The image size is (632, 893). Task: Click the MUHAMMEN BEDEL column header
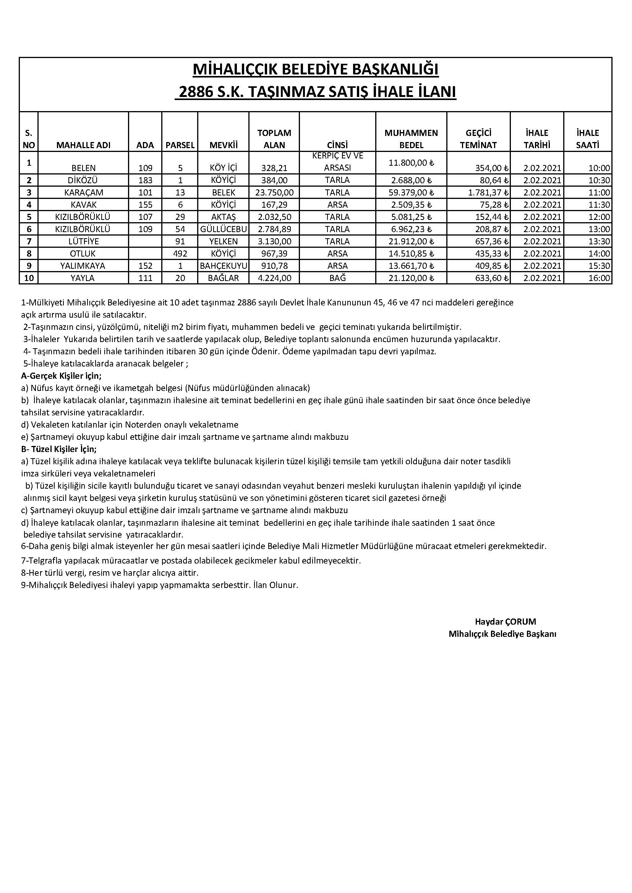(411, 139)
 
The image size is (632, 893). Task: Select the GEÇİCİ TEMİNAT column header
(478, 139)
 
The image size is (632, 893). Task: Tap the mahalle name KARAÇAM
(83, 192)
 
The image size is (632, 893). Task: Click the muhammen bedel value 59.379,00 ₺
(411, 192)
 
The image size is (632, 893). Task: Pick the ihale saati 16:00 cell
(599, 278)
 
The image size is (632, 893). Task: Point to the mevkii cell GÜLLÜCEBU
(224, 229)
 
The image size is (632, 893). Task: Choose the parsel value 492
(180, 254)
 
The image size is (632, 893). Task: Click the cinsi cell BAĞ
(337, 278)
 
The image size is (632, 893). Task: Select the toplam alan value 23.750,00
(274, 192)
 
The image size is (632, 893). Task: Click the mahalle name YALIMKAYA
(83, 266)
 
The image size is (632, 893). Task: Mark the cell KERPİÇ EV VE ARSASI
(337, 161)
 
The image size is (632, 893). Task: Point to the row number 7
(29, 242)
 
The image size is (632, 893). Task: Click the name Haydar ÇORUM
(505, 622)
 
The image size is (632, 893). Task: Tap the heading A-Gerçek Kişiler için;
(61, 376)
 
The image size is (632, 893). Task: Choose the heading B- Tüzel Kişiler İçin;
(58, 449)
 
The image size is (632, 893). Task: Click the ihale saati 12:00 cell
(599, 217)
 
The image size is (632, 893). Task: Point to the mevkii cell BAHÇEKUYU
(224, 266)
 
